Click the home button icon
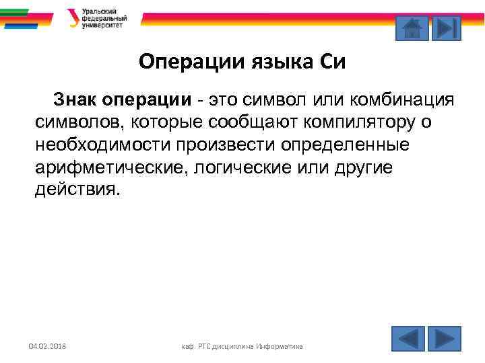coord(411,29)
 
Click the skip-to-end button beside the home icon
coord(445,29)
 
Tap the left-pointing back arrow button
coord(408,339)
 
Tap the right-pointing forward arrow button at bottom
coord(444,339)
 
